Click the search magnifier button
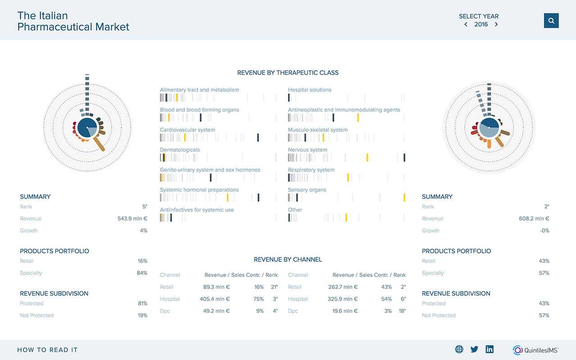click(x=551, y=21)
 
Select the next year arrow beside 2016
click(x=496, y=25)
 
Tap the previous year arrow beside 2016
click(x=466, y=25)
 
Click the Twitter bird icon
click(x=474, y=349)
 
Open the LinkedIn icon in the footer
click(x=490, y=349)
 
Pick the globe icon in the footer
click(x=459, y=349)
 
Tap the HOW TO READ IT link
click(x=47, y=350)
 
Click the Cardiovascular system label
click(x=188, y=130)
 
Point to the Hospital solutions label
click(x=310, y=90)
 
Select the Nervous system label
click(x=308, y=150)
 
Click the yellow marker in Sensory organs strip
click(x=404, y=198)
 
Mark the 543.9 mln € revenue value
click(x=132, y=219)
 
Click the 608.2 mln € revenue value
click(x=534, y=219)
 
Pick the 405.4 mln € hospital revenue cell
click(x=215, y=299)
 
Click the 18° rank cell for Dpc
click(x=402, y=311)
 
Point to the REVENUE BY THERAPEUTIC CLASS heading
click(x=288, y=72)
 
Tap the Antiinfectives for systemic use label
click(x=197, y=210)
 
